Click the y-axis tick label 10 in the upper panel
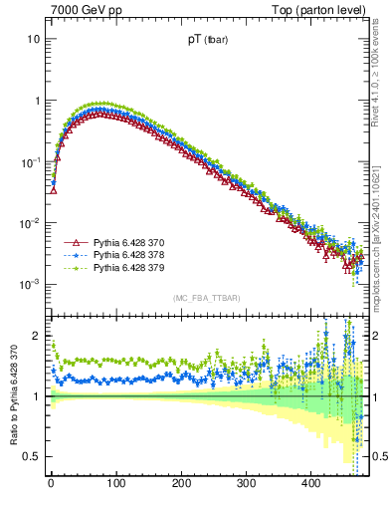click(33, 39)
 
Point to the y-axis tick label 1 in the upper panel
click(37, 101)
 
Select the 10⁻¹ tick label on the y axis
click(30, 161)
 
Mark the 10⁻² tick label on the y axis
click(30, 223)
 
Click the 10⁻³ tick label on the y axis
click(30, 284)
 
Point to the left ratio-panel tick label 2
click(37, 336)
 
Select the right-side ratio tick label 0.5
click(379, 456)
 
